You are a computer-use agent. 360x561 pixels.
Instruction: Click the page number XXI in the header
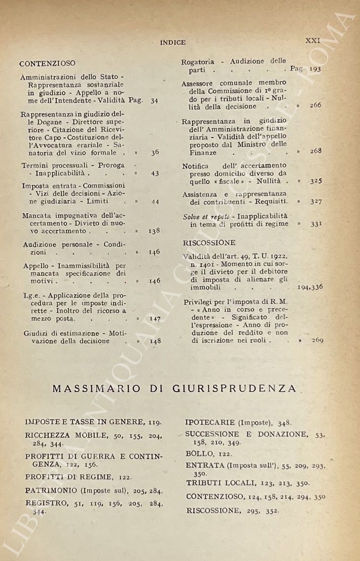[312, 40]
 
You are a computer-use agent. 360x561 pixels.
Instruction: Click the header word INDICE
[173, 43]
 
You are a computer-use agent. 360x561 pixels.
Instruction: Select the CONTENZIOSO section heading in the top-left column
[47, 63]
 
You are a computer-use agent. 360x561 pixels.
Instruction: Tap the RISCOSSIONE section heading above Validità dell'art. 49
[209, 242]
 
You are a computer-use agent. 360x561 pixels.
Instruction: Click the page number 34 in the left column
[154, 100]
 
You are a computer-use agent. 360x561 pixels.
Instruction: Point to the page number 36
[155, 152]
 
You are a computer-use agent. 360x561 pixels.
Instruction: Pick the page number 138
[154, 230]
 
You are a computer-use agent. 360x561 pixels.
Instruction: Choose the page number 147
[155, 319]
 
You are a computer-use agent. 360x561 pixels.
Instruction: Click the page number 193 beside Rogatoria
[314, 69]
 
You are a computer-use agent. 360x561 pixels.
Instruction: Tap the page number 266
[315, 106]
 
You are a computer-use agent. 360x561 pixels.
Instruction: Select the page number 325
[316, 181]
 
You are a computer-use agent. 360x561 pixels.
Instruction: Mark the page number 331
[316, 223]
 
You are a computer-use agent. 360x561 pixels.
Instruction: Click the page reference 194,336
[311, 287]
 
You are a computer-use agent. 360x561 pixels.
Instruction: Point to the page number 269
[317, 340]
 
